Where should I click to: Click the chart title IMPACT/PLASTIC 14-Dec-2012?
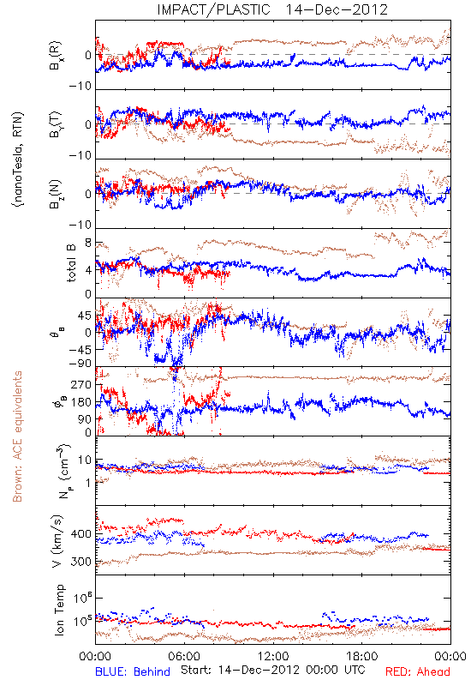[x=272, y=9]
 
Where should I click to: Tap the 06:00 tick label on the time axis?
[x=184, y=656]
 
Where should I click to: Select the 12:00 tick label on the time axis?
[x=273, y=656]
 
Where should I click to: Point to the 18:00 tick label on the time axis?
[x=362, y=656]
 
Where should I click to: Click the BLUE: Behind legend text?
[x=133, y=671]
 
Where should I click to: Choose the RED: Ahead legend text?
[x=418, y=671]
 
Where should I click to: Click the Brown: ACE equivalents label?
[x=17, y=436]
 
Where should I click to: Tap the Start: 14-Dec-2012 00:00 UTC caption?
[x=273, y=670]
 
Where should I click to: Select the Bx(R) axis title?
[x=56, y=56]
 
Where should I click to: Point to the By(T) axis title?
[x=56, y=124]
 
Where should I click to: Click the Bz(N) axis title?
[x=56, y=194]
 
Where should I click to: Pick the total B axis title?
[x=71, y=263]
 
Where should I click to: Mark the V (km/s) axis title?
[x=57, y=541]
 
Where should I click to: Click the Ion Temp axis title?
[x=59, y=610]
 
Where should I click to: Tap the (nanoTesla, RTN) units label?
[x=18, y=159]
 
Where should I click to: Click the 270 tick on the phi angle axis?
[x=80, y=385]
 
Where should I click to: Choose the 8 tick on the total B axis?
[x=88, y=244]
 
